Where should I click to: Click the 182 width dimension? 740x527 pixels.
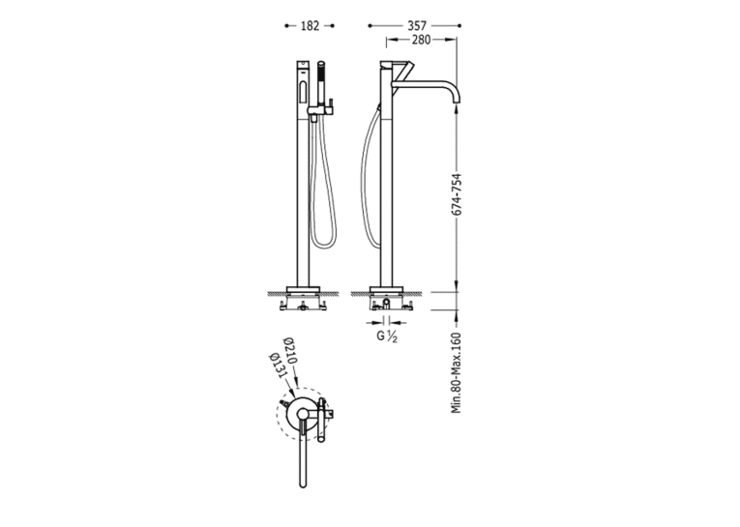(311, 26)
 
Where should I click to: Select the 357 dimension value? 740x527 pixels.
(417, 26)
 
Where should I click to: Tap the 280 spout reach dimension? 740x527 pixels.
(422, 41)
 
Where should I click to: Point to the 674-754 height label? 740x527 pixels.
(457, 195)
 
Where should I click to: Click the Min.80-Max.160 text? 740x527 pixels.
(457, 372)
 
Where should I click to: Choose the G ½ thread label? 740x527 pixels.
(387, 337)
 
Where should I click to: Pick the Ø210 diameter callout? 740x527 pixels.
(290, 351)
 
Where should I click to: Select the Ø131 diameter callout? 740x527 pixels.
(278, 366)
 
